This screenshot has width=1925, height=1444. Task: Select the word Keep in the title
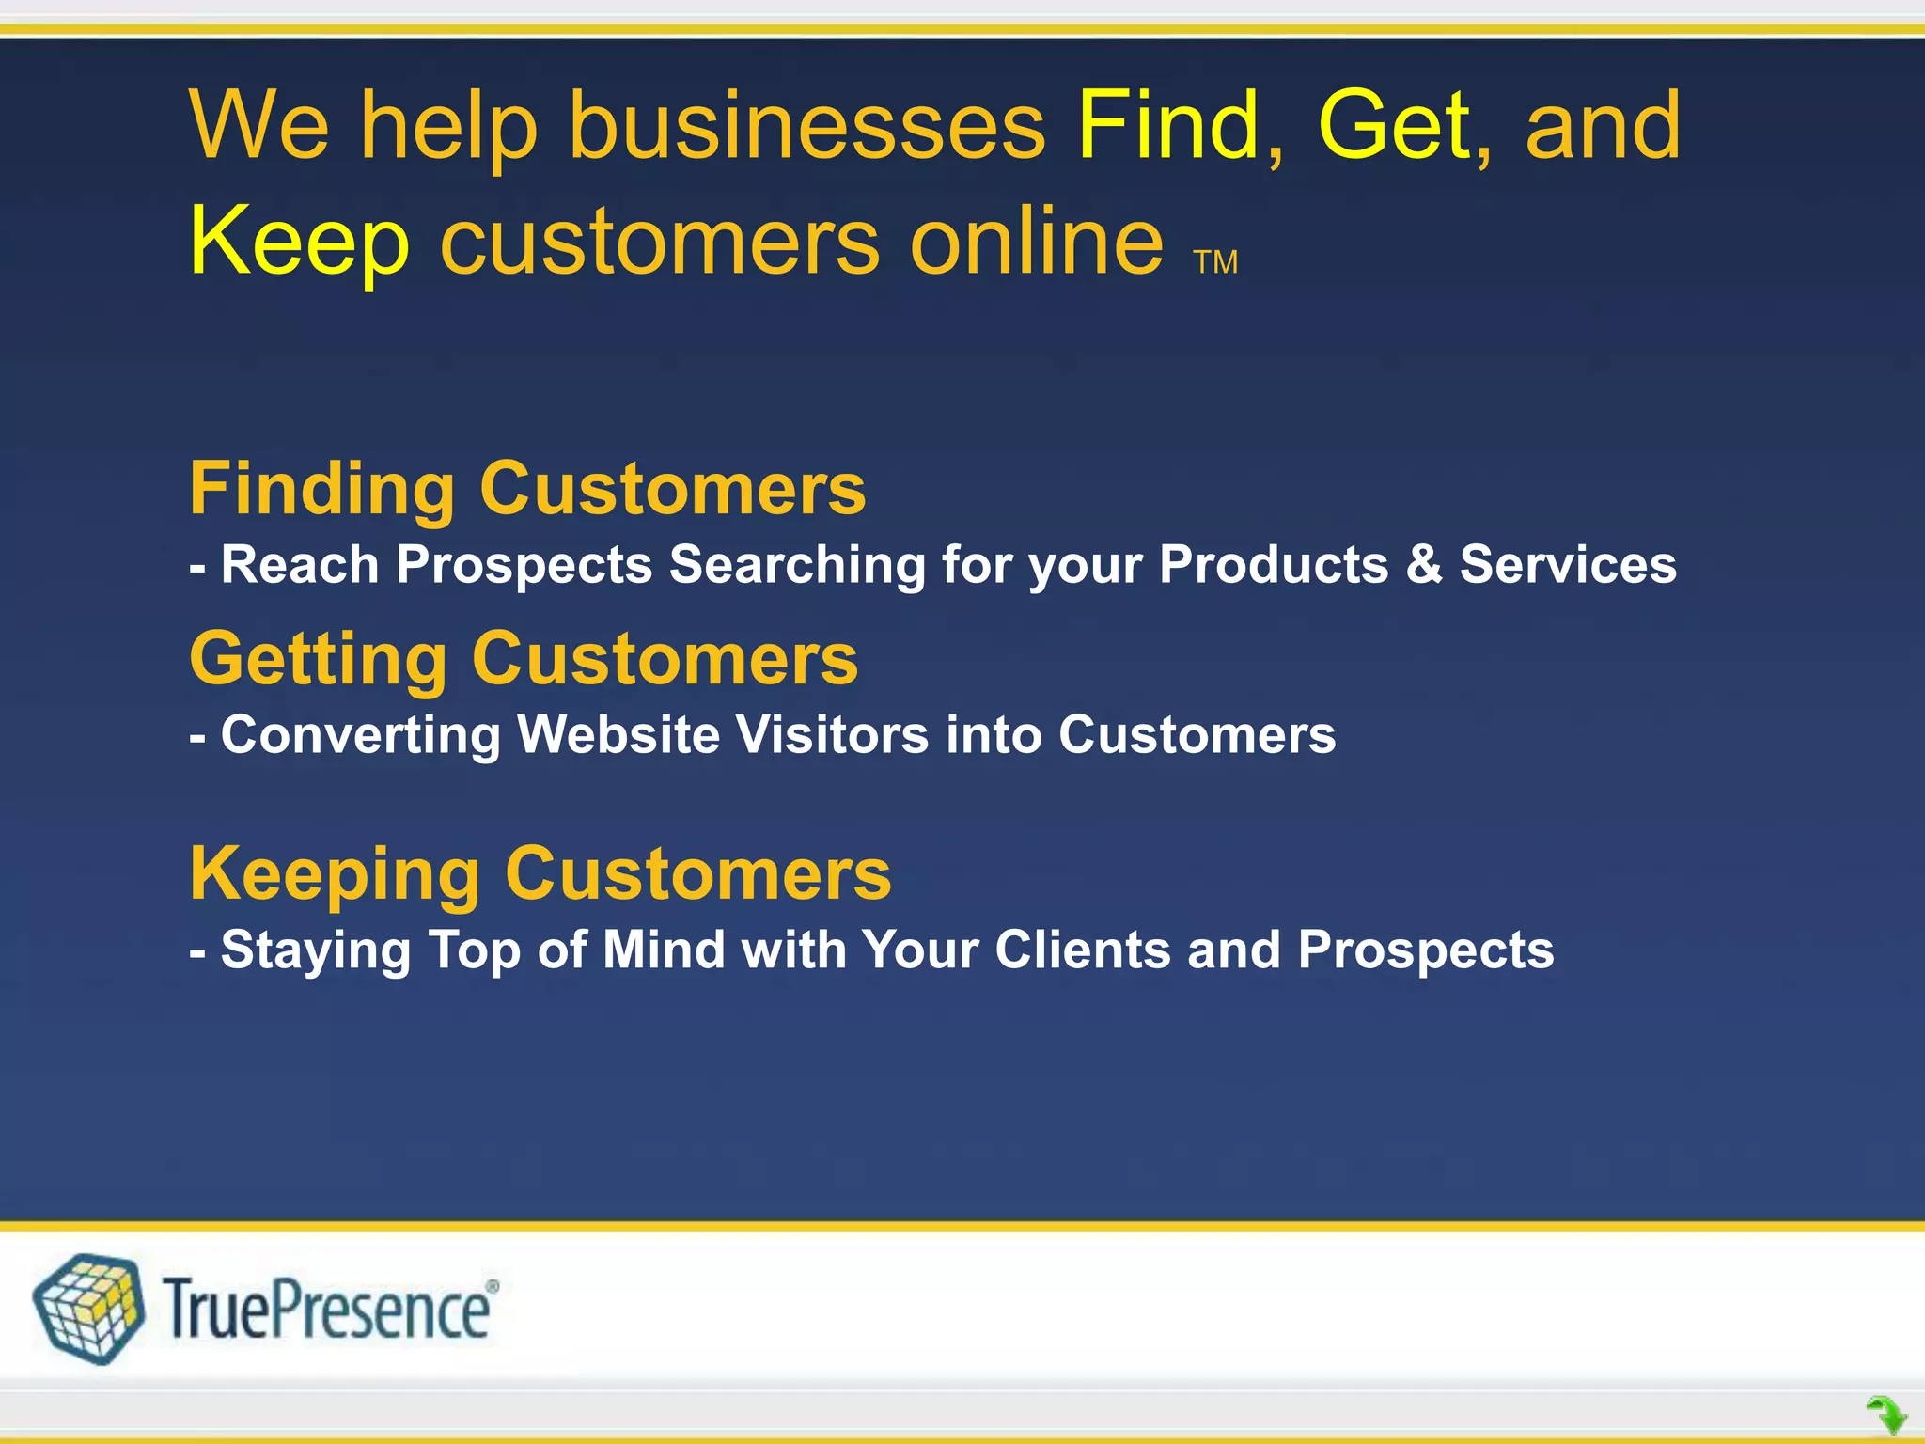[299, 243]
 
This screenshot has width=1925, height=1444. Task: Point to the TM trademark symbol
[1215, 262]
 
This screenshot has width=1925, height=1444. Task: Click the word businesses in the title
[806, 126]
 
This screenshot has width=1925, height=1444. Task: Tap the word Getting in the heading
[318, 660]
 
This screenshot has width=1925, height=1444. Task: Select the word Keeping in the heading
[335, 875]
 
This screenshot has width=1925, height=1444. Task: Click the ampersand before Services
[1424, 565]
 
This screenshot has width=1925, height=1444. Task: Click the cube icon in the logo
[89, 1309]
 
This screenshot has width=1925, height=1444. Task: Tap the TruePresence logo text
[328, 1310]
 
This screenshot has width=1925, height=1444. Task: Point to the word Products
[1274, 565]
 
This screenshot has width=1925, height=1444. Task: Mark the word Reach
[300, 565]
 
